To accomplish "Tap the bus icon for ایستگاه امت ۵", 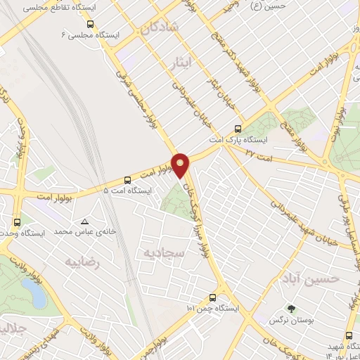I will click(127, 180).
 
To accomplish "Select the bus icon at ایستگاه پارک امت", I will click(238, 129).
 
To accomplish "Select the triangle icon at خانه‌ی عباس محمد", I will click(85, 220).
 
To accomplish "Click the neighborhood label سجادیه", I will click(163, 252).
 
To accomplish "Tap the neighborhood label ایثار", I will click(182, 63).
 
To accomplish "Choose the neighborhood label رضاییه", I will click(84, 262).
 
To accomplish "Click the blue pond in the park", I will click(33, 290).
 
